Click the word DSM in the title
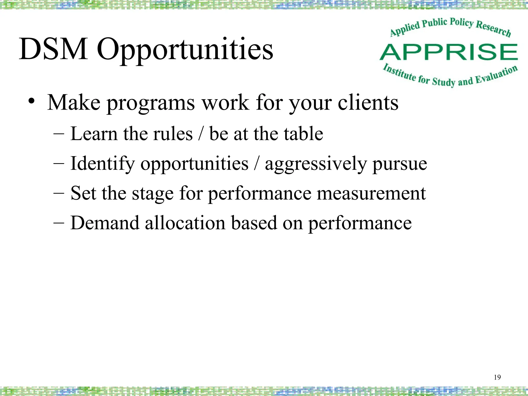point(53,49)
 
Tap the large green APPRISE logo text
point(449,52)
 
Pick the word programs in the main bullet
point(151,104)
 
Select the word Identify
point(102,164)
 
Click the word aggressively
point(316,164)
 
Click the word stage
point(153,194)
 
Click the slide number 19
point(497,377)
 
